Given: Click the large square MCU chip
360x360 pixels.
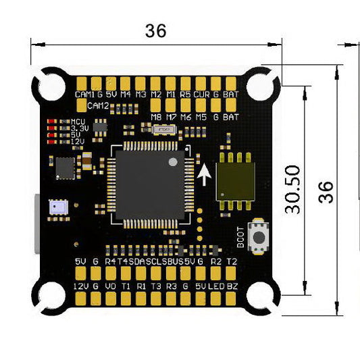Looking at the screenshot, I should coord(150,183).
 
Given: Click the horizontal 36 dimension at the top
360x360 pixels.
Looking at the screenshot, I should coord(155,30).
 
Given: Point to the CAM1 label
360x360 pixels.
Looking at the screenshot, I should coord(84,95).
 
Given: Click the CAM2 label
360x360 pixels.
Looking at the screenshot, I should coord(98,105).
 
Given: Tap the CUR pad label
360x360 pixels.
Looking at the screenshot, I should coord(201,95).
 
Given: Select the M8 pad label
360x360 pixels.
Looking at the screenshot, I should coord(157,117).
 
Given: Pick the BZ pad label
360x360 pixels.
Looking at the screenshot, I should coord(232,286).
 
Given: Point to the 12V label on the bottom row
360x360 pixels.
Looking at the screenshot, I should coord(80,286).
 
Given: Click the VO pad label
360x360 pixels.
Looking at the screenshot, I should coord(111,286).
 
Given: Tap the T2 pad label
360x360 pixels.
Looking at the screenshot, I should coord(232,261).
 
